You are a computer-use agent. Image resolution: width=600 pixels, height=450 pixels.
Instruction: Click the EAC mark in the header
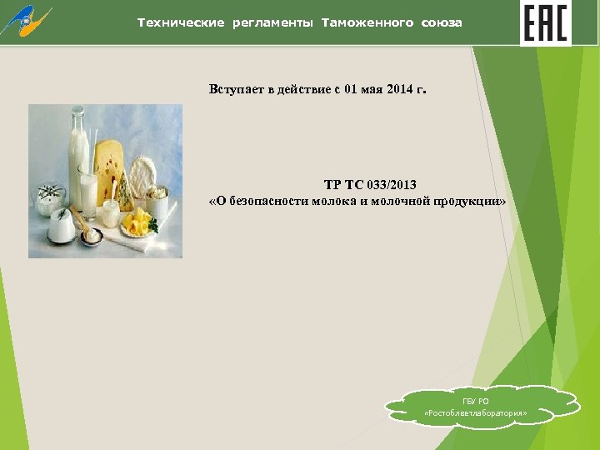click(x=545, y=22)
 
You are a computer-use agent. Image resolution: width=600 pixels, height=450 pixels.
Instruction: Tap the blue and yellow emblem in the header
click(x=27, y=22)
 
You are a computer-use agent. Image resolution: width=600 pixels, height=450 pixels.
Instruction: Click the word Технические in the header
click(x=181, y=22)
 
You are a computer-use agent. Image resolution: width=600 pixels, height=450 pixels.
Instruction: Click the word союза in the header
click(x=442, y=22)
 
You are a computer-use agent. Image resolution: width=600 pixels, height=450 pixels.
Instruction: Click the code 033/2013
click(x=387, y=184)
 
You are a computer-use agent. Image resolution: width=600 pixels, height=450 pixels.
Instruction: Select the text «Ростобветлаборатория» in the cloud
click(x=476, y=414)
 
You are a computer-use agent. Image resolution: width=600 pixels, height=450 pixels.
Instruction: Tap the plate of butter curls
click(x=137, y=225)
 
